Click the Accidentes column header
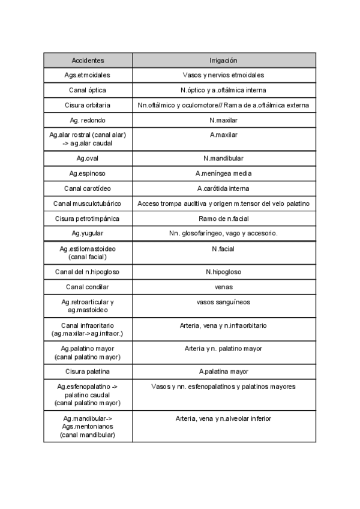coord(88,61)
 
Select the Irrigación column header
coord(223,61)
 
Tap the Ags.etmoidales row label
coord(88,75)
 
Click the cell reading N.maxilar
coord(223,120)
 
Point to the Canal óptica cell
coord(88,90)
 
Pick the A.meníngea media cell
coord(223,173)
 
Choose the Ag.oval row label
coord(88,158)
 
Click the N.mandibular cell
coord(223,158)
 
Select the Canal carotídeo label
coord(88,188)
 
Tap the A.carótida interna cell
coord(223,188)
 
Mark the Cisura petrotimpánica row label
coord(88,218)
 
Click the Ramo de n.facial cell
coord(223,218)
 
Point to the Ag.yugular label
coord(88,233)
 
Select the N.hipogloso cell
coord(223,272)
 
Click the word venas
coord(223,287)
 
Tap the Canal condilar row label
coord(88,287)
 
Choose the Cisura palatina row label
coord(88,372)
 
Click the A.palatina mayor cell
coord(223,372)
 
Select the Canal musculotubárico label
coord(88,203)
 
